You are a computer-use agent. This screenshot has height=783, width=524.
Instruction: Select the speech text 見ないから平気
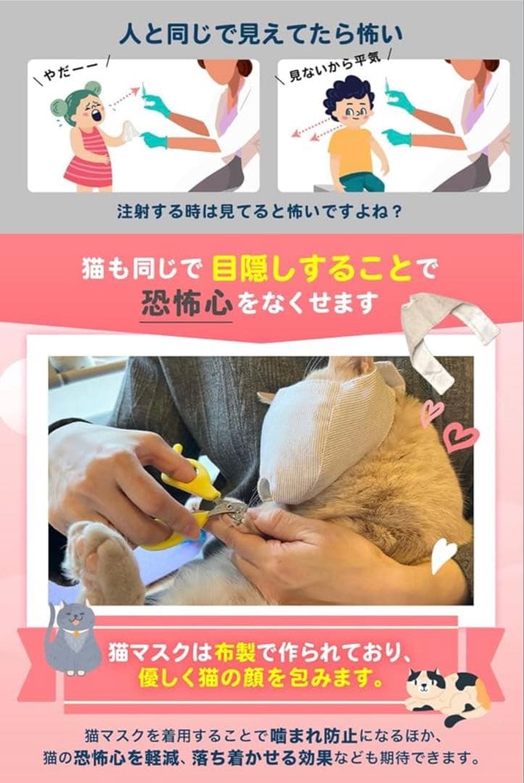click(x=336, y=66)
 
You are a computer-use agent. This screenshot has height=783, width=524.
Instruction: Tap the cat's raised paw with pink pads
click(x=102, y=557)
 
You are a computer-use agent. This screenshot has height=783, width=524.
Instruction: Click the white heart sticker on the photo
click(x=442, y=555)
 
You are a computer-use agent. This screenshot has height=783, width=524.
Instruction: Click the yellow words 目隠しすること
click(x=312, y=270)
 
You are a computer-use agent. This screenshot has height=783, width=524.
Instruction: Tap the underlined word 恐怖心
click(x=186, y=302)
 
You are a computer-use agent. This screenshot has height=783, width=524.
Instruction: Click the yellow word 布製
click(x=236, y=651)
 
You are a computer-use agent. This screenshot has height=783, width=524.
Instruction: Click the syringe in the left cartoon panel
click(x=144, y=95)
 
